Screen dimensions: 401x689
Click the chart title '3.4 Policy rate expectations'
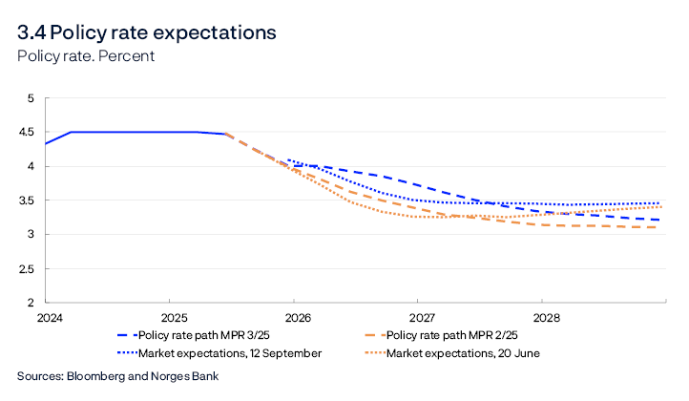pos(146,32)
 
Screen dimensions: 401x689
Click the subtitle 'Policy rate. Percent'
pos(86,55)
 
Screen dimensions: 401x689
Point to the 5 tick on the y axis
pos(30,98)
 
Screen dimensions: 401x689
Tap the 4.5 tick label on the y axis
pos(26,133)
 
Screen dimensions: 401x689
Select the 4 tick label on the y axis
pos(30,166)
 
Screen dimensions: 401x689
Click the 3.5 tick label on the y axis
pos(26,200)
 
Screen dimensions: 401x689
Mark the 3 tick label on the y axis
pos(30,235)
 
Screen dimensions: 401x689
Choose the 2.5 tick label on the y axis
pos(26,269)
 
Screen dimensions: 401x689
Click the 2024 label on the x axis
pos(49,316)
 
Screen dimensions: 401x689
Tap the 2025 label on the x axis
pos(173,316)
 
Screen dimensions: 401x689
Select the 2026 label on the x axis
pos(297,316)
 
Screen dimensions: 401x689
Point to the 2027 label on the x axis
pos(421,316)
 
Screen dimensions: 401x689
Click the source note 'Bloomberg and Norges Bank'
pos(117,376)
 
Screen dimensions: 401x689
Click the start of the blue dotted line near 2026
pos(288,160)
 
